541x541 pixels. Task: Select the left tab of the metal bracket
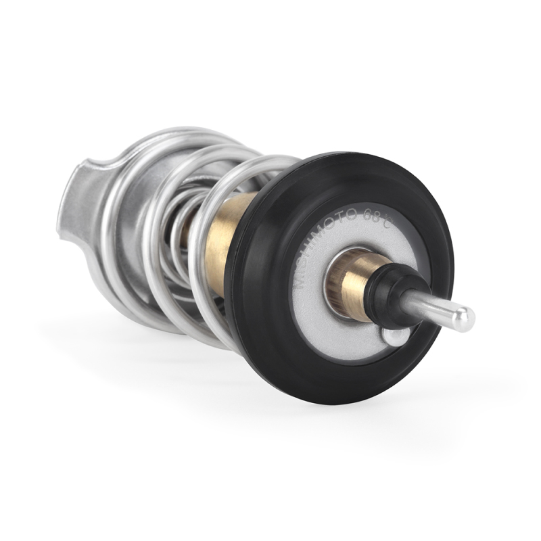74,203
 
